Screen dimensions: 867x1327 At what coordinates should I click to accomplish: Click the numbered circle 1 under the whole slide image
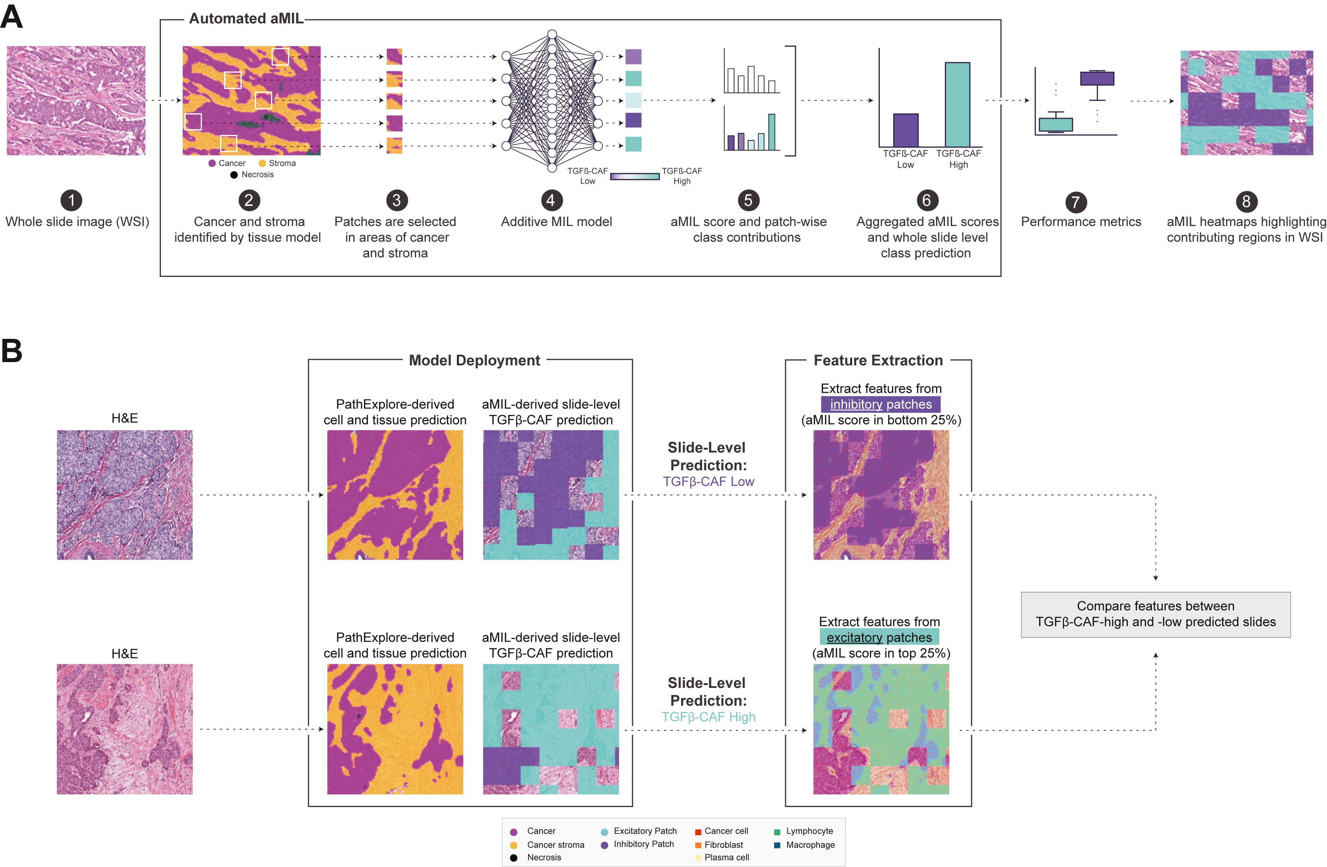(71, 200)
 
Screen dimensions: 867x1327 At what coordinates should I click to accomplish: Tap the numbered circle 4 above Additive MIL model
(551, 200)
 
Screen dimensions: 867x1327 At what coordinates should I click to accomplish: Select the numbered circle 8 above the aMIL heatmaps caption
(1246, 201)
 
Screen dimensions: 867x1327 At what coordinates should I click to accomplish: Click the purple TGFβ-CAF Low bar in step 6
(905, 131)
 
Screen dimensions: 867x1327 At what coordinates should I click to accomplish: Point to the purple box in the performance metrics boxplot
(1097, 78)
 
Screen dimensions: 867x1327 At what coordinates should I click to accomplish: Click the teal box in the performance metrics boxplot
(1055, 124)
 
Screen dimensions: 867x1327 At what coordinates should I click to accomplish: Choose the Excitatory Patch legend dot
(605, 832)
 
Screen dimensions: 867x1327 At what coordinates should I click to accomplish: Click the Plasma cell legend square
(698, 858)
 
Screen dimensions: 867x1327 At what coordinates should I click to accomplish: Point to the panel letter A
(12, 16)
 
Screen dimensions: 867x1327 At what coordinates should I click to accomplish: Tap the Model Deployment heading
(474, 361)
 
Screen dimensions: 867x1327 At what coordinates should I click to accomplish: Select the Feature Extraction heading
(878, 361)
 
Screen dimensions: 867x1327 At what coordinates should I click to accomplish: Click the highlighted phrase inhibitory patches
(880, 404)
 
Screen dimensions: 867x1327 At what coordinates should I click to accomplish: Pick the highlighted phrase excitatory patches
(879, 637)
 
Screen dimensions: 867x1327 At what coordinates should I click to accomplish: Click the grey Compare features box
(1155, 614)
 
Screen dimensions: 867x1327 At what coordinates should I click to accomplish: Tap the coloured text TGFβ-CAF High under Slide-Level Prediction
(708, 717)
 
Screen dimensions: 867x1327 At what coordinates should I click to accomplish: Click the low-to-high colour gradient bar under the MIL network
(635, 176)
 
